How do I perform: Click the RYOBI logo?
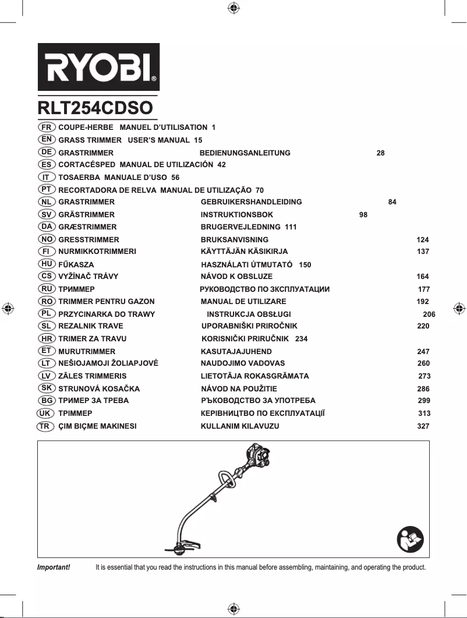[x=98, y=66]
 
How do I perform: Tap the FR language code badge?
[x=47, y=126]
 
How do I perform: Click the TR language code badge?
[x=44, y=426]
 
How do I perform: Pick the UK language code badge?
[x=44, y=413]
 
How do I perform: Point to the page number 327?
[x=423, y=426]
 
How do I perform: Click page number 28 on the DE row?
[x=380, y=153]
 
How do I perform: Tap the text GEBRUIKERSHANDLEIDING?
[x=251, y=202]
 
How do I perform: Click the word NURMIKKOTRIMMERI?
[x=97, y=252]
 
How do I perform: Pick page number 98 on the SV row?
[x=363, y=215]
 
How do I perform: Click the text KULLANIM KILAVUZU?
[x=240, y=426]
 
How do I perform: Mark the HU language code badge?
[x=47, y=264]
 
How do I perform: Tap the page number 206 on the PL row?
[x=429, y=315]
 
